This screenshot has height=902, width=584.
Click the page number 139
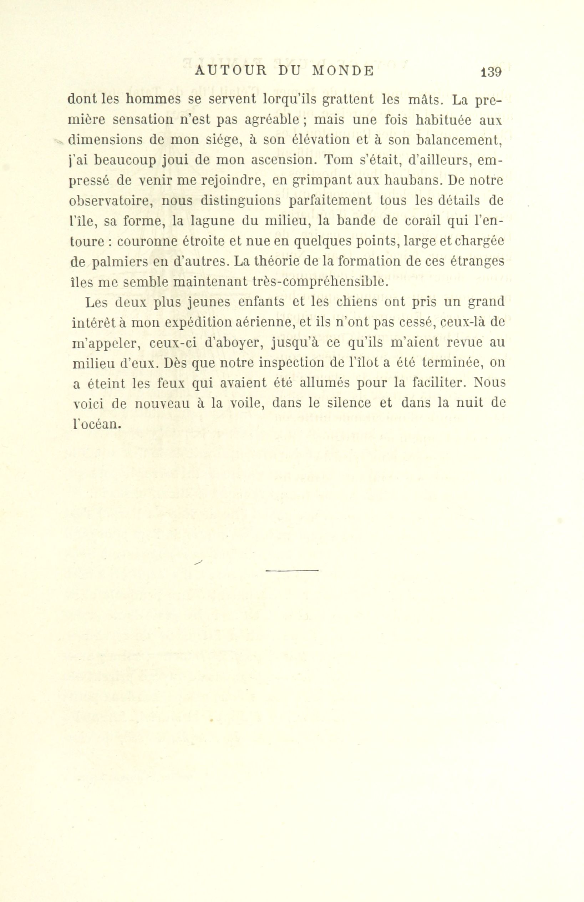491,72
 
